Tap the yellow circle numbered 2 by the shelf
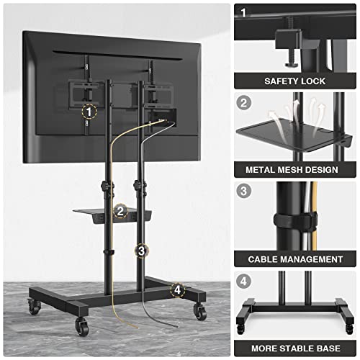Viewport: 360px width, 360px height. (122, 212)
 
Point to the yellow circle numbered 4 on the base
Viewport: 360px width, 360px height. (175, 290)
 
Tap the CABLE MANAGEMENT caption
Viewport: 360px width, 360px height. (296, 258)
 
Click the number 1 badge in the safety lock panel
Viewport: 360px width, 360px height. (244, 13)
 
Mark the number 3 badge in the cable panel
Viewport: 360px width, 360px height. (244, 192)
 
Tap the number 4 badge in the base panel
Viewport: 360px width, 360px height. (244, 282)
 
